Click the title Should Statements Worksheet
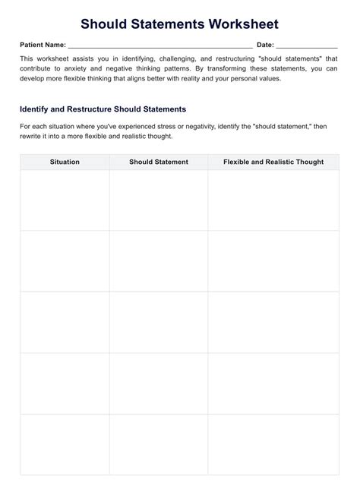point(180,24)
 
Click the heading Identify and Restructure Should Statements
point(103,109)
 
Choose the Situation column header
point(65,162)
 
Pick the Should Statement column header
point(159,162)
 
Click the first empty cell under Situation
point(65,200)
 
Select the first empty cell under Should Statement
point(159,200)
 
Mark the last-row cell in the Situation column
point(65,444)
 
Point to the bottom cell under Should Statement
point(159,444)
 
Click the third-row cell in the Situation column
point(65,322)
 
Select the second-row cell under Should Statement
point(159,261)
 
